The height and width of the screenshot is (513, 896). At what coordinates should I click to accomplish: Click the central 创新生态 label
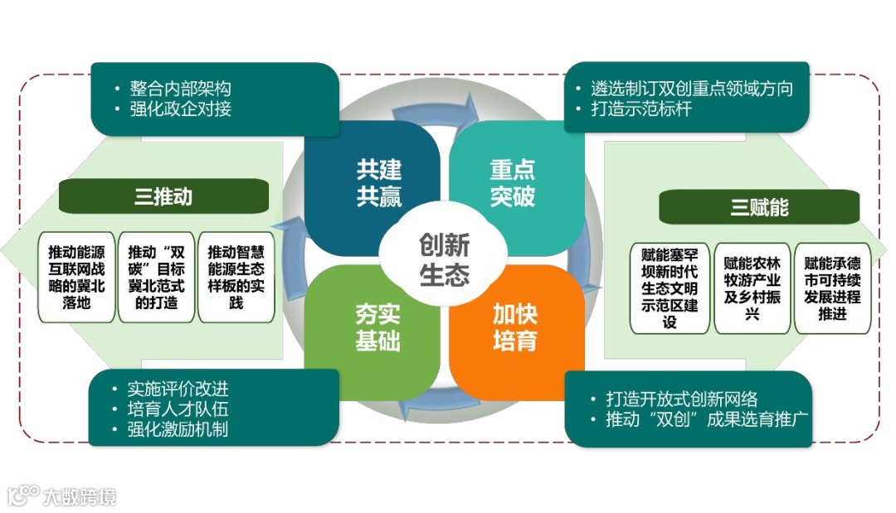click(444, 259)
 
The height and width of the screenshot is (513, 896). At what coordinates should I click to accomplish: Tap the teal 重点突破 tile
click(512, 184)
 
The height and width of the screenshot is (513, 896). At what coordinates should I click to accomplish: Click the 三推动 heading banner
click(163, 196)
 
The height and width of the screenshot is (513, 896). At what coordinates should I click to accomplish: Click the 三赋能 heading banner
click(759, 207)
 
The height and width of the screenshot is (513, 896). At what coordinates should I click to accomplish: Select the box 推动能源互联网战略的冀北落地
click(77, 277)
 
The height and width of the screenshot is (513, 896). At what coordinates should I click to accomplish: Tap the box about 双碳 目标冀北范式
click(157, 277)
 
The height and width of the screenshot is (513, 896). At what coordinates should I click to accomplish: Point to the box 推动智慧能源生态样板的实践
click(236, 277)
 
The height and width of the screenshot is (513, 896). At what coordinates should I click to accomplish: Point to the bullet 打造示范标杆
click(640, 109)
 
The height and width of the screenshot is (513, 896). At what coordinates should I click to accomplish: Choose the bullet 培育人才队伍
click(178, 409)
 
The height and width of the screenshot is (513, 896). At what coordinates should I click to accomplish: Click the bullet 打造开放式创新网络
click(680, 399)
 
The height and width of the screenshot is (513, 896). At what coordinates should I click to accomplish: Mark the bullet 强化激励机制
click(178, 429)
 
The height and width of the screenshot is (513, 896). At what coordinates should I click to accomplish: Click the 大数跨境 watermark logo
click(62, 496)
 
